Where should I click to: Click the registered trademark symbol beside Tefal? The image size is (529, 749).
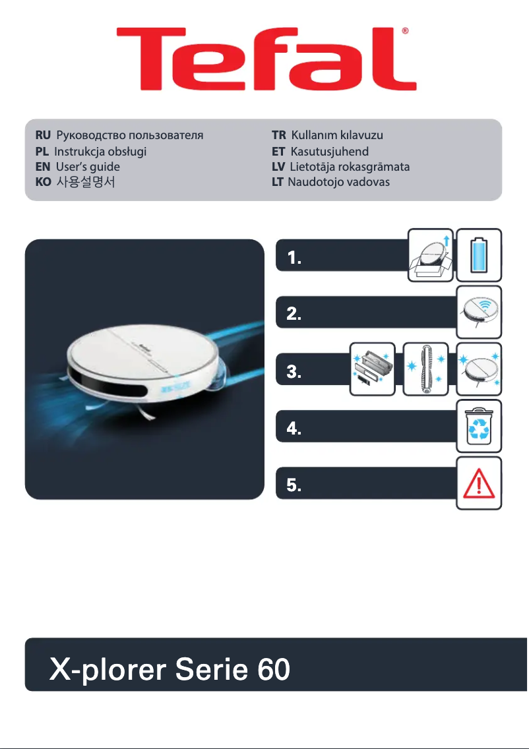[406, 31]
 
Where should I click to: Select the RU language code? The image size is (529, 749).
[44, 135]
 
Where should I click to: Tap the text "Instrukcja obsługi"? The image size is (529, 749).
[100, 151]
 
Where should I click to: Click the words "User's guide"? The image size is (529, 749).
[87, 166]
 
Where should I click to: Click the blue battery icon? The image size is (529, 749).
[480, 255]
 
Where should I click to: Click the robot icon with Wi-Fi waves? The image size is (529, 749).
[480, 311]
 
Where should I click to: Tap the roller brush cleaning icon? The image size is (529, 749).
[425, 369]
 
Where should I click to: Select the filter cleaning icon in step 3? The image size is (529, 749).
[371, 369]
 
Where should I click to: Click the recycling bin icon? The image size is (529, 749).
[480, 426]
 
